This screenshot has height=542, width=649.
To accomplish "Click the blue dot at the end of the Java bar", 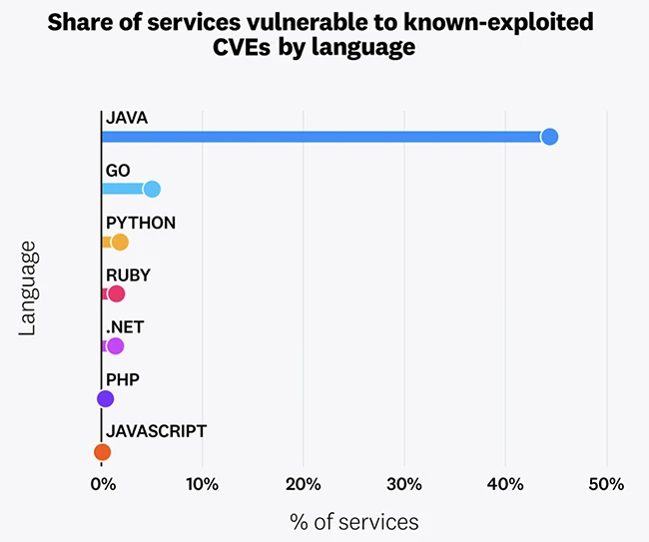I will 548,137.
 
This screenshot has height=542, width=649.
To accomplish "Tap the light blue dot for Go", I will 152,189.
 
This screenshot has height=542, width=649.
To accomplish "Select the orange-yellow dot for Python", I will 120,242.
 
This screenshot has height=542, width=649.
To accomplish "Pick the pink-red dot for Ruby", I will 116,293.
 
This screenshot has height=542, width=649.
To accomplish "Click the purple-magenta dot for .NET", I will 115,346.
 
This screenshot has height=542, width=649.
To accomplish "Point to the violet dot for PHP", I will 105,399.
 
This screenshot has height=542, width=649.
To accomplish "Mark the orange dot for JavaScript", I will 102,452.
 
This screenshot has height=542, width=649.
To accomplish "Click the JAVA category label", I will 126,118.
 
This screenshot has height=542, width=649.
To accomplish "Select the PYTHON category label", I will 140,223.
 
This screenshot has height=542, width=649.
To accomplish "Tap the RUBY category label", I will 128,274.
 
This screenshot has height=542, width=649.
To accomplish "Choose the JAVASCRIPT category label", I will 156,431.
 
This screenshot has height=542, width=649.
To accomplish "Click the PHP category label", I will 122,379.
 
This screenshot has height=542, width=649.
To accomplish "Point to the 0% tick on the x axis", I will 102,484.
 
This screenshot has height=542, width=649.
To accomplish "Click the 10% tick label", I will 203,484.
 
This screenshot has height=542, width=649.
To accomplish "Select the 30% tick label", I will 403,484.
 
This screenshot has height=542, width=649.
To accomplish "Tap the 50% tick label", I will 605,484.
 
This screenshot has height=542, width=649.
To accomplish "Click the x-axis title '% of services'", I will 353,521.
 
